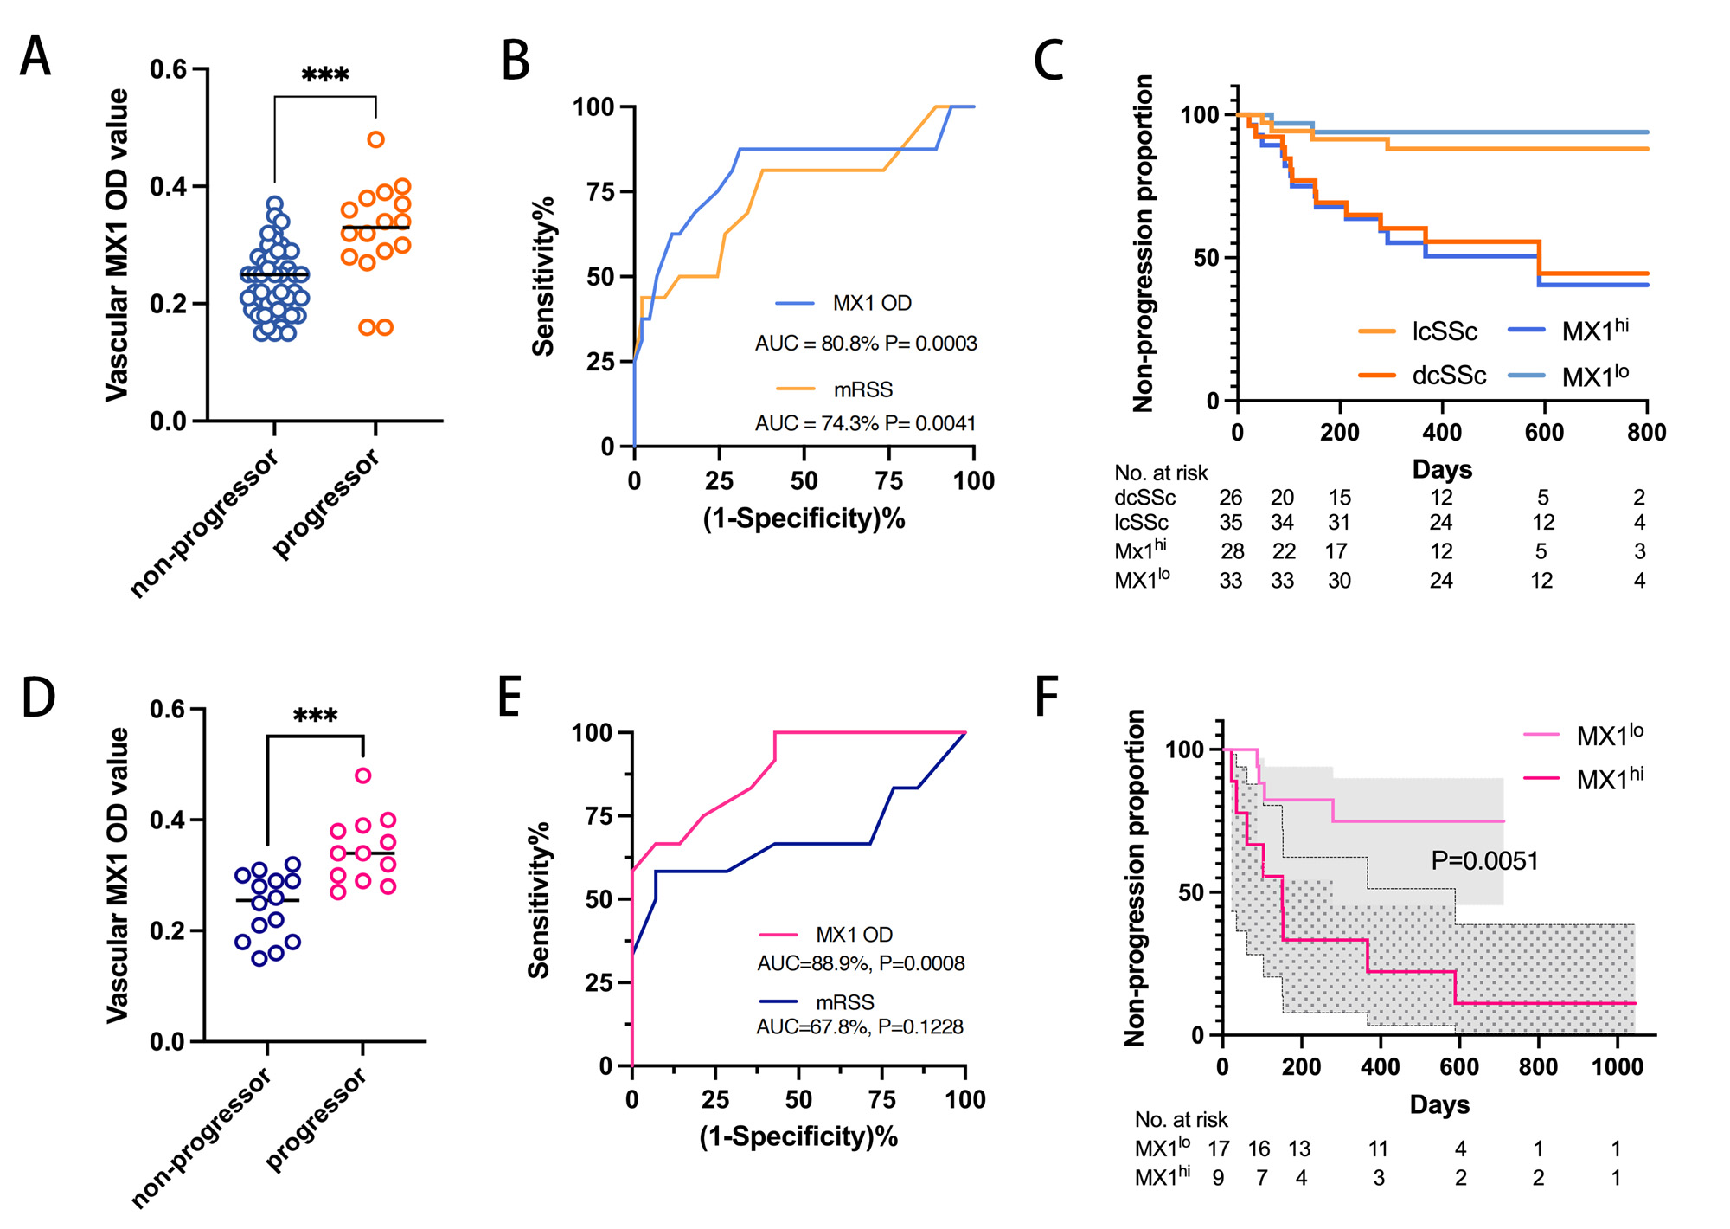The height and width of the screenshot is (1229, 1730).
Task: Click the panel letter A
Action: coord(36,57)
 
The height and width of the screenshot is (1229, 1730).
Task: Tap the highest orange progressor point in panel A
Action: coord(375,139)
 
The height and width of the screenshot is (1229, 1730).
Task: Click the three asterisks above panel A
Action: coord(325,75)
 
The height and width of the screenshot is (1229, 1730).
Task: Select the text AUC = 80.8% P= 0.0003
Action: coord(866,344)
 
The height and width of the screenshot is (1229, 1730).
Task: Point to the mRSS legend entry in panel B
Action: coord(862,390)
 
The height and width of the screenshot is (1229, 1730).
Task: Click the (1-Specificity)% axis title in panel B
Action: coord(804,518)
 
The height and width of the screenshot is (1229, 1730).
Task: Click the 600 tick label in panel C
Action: coord(1544,432)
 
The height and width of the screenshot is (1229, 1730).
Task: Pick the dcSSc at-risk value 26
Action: coord(1230,498)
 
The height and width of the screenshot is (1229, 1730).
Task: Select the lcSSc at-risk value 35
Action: coord(1230,523)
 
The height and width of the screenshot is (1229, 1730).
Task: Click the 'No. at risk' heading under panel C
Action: coord(1161,473)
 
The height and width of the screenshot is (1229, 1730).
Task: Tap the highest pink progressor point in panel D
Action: coord(363,775)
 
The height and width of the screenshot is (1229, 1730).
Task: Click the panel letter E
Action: coord(509,698)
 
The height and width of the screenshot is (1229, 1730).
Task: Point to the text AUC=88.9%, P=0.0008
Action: coord(861,963)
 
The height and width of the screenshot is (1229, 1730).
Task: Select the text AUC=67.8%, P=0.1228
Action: coord(860,1026)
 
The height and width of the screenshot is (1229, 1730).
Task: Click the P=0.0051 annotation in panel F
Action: coord(1484,861)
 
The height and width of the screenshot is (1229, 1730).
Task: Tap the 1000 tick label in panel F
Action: coord(1617,1066)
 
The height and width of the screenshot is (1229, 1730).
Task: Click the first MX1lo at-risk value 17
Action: coord(1219,1149)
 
